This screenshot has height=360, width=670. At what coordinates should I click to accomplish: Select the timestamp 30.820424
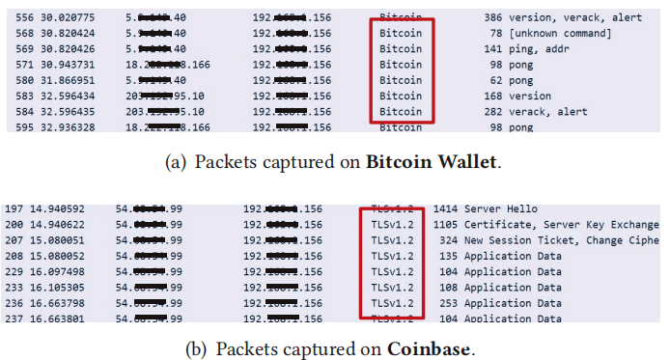[62, 34]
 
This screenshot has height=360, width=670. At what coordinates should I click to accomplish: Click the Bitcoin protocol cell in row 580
[400, 81]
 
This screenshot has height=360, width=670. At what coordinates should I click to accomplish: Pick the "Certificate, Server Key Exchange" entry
[564, 224]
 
